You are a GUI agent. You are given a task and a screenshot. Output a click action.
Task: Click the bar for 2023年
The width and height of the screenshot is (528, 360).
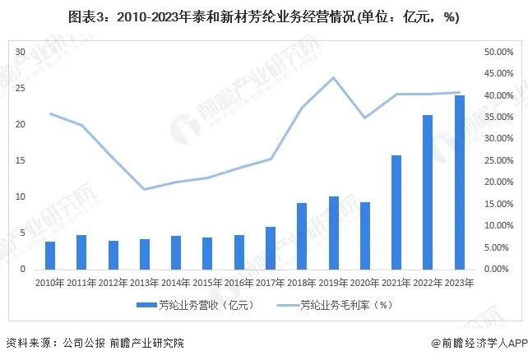tap(459, 182)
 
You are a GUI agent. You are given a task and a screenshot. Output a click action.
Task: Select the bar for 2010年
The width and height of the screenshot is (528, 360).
tap(50, 256)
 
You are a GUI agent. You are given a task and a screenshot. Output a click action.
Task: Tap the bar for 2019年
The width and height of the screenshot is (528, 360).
tap(333, 233)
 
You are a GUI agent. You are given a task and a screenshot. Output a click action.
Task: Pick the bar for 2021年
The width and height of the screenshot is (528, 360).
tap(396, 212)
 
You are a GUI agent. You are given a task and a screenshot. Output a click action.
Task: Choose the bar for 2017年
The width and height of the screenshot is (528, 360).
tap(270, 248)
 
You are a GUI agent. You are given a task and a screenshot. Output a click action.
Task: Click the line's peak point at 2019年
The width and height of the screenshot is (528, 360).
tap(333, 78)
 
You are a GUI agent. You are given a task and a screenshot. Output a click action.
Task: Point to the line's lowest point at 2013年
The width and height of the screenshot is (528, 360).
tap(145, 190)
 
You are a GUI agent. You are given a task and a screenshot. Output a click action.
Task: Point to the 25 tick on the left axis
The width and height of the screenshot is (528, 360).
tap(21, 88)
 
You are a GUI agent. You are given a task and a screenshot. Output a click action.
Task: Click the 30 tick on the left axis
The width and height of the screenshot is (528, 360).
tap(21, 52)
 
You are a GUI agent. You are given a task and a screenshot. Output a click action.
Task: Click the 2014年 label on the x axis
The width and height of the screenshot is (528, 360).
tap(176, 283)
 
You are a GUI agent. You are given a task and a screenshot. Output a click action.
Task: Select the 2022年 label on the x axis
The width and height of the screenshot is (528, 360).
tap(428, 283)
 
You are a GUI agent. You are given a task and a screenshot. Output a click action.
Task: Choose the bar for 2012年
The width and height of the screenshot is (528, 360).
tap(113, 255)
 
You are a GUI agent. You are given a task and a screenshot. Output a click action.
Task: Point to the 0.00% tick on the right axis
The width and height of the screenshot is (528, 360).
tap(499, 270)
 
